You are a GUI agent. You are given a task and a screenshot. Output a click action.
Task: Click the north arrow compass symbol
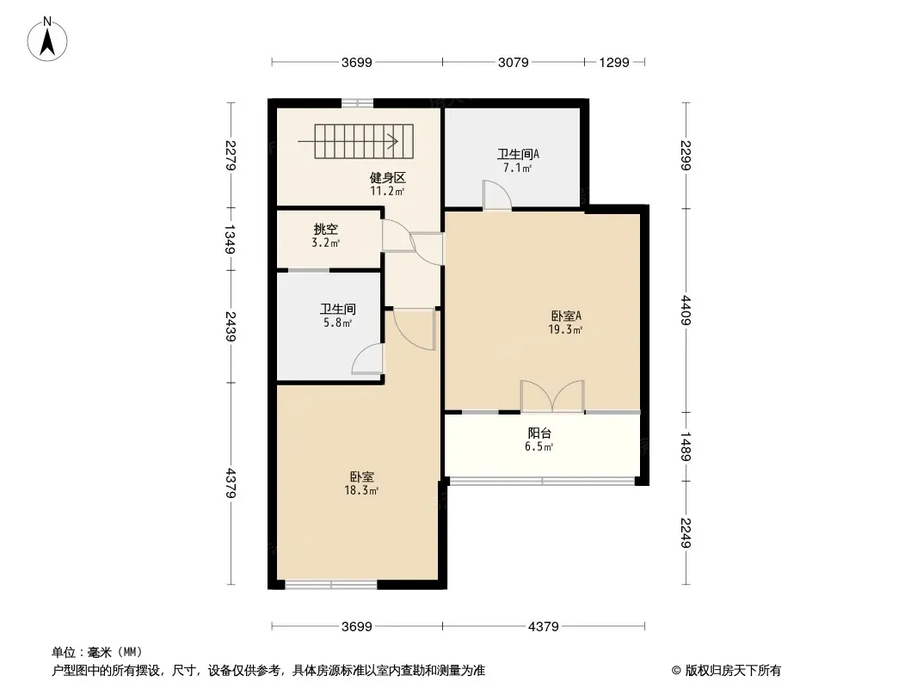pos(47,39)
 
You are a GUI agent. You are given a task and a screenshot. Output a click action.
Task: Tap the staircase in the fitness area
pos(364,141)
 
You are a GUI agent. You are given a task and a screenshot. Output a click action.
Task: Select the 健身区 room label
pos(387,177)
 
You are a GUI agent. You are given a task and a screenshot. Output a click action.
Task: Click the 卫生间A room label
pos(518,154)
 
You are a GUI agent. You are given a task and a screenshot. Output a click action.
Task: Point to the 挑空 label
pos(326,229)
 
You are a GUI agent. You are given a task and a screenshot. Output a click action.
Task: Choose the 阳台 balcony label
pos(539,433)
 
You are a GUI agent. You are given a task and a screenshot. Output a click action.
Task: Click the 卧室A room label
pos(565,316)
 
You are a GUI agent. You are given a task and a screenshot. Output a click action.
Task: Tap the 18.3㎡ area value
pos(361,490)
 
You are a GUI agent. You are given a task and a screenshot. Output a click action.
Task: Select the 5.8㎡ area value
pos(338,322)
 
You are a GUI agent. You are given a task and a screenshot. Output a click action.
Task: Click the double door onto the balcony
pos(552,396)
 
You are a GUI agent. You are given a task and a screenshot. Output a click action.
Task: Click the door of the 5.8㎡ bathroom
pos(368,359)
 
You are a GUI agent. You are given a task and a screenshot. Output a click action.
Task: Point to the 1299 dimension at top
pos(614,63)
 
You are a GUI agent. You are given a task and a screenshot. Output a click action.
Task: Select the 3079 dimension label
pos(513,63)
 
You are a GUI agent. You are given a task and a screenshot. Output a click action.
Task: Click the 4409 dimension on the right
pos(686,310)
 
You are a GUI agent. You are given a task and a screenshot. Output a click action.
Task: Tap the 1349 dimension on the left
pos(231,239)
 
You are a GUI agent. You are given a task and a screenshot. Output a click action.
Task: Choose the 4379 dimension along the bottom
pos(544,627)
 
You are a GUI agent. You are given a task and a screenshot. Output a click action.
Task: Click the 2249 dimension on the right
pos(686,533)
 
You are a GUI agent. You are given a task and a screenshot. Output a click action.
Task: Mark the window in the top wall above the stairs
pos(357,103)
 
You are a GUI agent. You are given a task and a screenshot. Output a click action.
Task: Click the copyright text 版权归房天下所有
pos(733,671)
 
